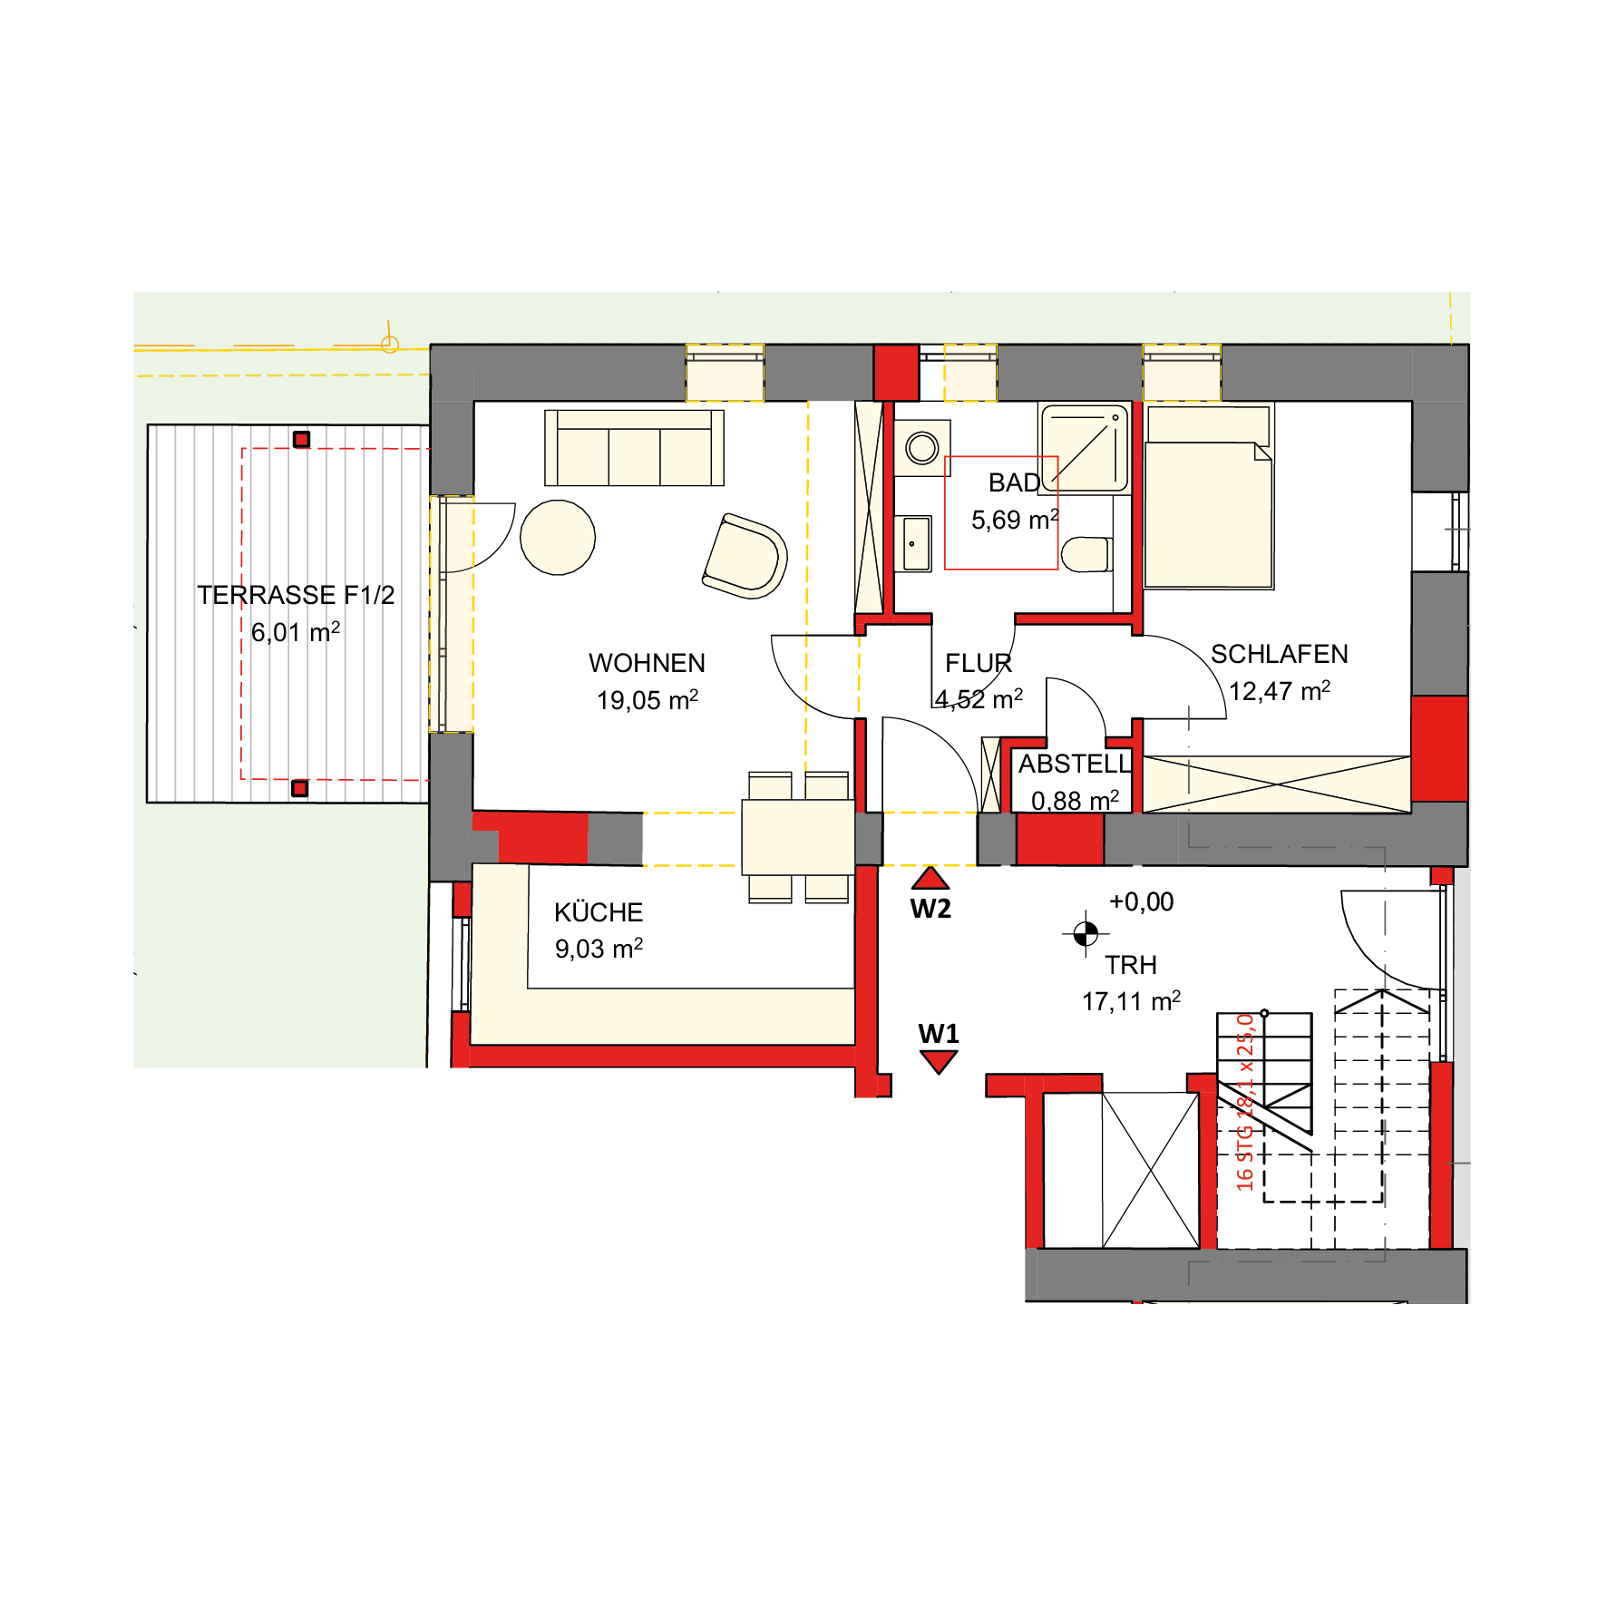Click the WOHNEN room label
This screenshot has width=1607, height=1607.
(x=647, y=663)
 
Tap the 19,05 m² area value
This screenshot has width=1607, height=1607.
(x=648, y=700)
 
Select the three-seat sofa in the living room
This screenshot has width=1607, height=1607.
(x=634, y=448)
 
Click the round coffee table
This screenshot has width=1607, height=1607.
(x=558, y=538)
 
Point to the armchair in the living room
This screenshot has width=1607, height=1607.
(x=745, y=556)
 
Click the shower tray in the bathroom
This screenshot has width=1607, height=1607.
(x=1085, y=448)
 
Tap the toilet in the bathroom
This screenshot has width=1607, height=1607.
(x=1086, y=555)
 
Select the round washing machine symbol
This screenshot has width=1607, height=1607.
(x=922, y=448)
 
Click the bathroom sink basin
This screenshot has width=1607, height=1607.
(x=916, y=544)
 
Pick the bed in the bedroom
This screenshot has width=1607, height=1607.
(x=1209, y=497)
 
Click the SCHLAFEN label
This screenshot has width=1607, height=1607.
(x=1280, y=654)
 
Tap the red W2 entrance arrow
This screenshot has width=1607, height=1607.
(x=930, y=878)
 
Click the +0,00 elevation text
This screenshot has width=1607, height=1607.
(x=1142, y=901)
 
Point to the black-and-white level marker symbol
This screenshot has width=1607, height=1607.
(x=1086, y=933)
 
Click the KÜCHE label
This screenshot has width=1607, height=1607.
(x=599, y=912)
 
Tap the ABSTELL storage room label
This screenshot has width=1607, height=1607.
(x=1076, y=764)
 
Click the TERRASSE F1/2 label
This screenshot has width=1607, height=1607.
(x=296, y=595)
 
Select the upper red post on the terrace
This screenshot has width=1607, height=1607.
(x=302, y=440)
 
